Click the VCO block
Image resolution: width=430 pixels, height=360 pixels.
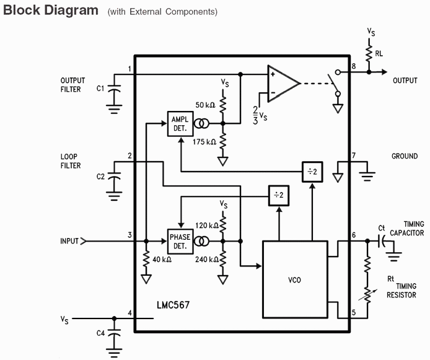pyautogui.click(x=295, y=279)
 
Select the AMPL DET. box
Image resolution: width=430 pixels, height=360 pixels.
pyautogui.click(x=179, y=123)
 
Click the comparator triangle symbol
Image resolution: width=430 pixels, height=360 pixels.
pyautogui.click(x=283, y=82)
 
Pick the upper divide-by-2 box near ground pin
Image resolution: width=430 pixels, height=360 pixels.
pyautogui.click(x=312, y=172)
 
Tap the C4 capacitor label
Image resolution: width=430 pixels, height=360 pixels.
pyautogui.click(x=100, y=333)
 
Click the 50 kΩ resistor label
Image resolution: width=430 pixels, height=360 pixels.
pyautogui.click(x=205, y=105)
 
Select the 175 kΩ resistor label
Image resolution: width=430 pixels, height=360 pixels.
pyautogui.click(x=205, y=142)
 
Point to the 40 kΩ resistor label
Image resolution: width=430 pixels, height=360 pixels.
pyautogui.click(x=161, y=260)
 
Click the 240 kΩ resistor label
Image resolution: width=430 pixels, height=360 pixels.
pyautogui.click(x=205, y=260)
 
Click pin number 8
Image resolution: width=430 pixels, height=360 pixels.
pyautogui.click(x=353, y=66)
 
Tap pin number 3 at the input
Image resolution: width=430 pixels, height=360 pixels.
pyautogui.click(x=129, y=235)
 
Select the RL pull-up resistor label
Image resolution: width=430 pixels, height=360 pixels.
pyautogui.click(x=379, y=54)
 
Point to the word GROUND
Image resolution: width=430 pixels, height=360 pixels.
pyautogui.click(x=405, y=156)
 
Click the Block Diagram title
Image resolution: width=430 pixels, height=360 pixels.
pyautogui.click(x=51, y=11)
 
